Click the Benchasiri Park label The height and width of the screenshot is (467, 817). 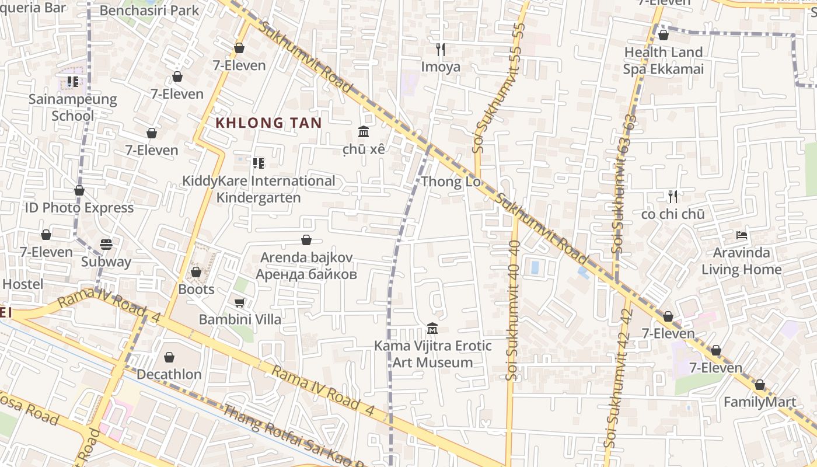pos(149,11)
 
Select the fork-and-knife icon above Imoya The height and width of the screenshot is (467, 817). pos(441,50)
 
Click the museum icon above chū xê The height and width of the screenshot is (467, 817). pos(364,131)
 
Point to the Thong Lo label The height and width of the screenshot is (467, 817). pos(451,182)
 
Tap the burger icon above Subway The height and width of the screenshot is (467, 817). pos(106,244)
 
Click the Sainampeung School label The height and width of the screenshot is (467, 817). pos(73,107)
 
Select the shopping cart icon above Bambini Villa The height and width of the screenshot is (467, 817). pos(239,302)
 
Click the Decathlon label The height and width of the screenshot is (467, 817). pos(169,374)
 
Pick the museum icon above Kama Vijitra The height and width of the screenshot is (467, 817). pos(432,329)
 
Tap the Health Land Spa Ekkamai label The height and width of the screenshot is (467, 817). pos(664,61)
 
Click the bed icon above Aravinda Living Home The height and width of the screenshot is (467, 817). pos(742,235)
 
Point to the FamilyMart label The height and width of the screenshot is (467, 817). pos(760,402)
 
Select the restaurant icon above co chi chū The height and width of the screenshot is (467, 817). pos(673,197)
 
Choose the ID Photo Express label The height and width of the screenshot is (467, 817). pos(79,208)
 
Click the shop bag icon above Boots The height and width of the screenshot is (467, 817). pos(196,272)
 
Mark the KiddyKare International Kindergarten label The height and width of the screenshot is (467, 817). pos(259,189)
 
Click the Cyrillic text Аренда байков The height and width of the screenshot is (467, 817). pos(306,274)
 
